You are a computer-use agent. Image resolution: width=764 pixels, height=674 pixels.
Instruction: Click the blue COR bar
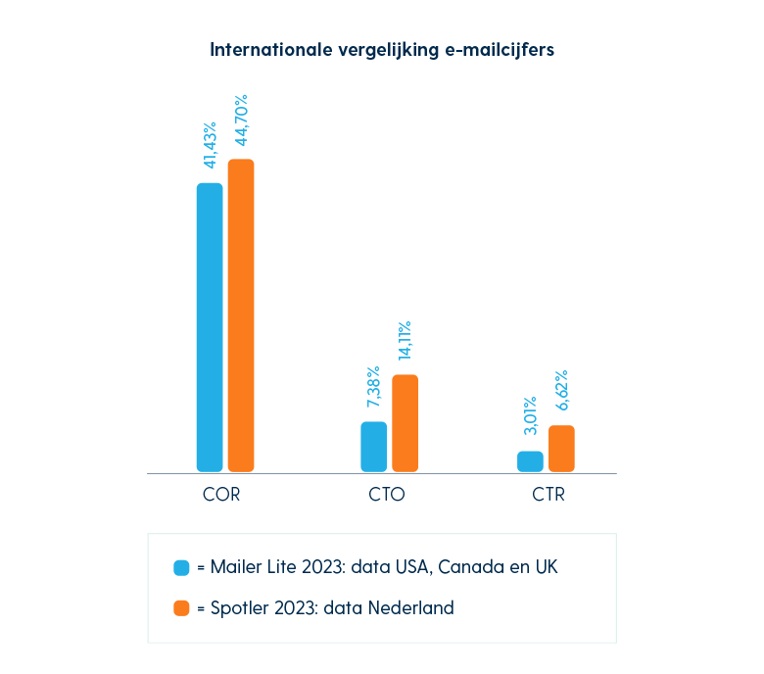pyautogui.click(x=210, y=327)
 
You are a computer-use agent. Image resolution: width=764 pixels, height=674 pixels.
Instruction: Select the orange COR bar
pyautogui.click(x=241, y=315)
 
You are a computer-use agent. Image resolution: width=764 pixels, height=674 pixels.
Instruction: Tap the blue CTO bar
pyautogui.click(x=374, y=447)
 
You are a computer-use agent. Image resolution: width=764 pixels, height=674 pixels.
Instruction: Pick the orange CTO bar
pyautogui.click(x=406, y=423)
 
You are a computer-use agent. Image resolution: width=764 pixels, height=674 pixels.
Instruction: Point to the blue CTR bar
pyautogui.click(x=530, y=461)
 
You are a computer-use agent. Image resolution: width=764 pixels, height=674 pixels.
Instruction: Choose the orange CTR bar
pyautogui.click(x=561, y=449)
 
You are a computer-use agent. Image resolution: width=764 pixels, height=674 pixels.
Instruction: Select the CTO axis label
pyautogui.click(x=387, y=495)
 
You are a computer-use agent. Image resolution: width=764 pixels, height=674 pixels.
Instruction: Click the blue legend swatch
pyautogui.click(x=181, y=567)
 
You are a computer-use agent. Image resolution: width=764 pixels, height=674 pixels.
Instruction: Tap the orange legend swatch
pyautogui.click(x=181, y=608)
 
